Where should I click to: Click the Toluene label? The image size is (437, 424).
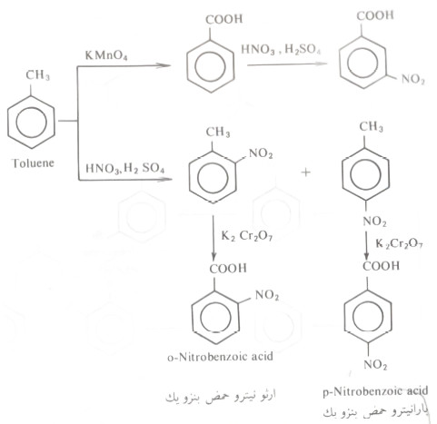tap(33, 163)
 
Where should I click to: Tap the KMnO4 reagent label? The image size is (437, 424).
tap(106, 55)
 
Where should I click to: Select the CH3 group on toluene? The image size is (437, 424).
tap(37, 75)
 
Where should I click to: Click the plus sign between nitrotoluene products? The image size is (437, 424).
tap(306, 173)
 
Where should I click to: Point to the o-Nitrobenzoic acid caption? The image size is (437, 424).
tap(220, 357)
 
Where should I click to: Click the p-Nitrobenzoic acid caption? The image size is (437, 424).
tap(375, 392)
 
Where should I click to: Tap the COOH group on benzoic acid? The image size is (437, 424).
tap(224, 19)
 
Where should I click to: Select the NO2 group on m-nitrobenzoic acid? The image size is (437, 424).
tap(412, 79)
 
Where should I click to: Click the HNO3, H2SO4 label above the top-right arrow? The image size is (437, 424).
tap(281, 49)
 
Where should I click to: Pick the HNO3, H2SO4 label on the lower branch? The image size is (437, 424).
tap(125, 168)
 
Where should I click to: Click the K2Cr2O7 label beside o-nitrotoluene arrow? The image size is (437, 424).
tap(247, 236)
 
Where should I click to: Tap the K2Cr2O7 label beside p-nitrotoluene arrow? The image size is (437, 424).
tap(399, 243)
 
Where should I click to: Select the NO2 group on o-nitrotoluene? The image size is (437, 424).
tap(261, 153)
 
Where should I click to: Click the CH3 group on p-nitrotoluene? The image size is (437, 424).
tap(371, 126)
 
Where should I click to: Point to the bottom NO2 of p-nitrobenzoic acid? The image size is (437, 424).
tap(375, 364)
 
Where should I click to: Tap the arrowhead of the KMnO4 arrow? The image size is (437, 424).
tap(166, 65)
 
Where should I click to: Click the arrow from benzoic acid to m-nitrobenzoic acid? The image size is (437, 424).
tap(287, 64)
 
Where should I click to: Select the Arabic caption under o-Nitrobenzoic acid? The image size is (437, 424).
tap(220, 398)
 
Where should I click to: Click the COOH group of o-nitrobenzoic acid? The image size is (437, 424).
tap(228, 269)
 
